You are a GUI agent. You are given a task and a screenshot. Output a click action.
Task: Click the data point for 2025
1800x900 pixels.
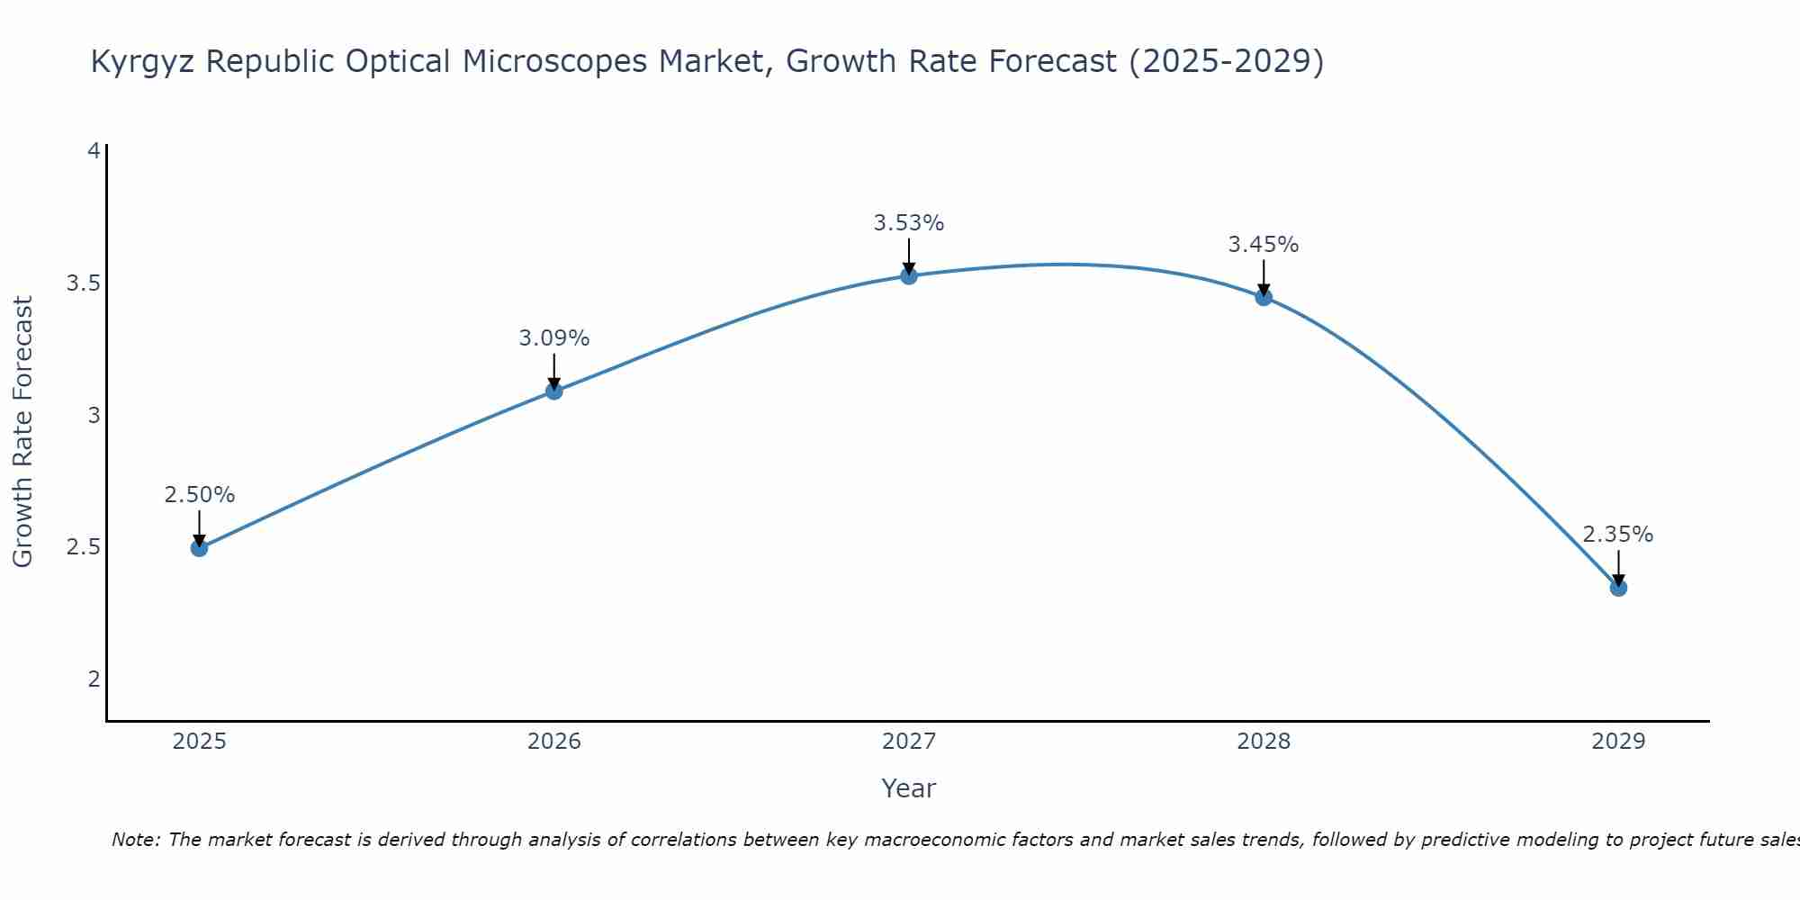click(x=199, y=547)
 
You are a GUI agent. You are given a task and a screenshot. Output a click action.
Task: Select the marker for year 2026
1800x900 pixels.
click(x=554, y=391)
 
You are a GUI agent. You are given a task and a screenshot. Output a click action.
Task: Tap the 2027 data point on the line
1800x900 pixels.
click(x=909, y=275)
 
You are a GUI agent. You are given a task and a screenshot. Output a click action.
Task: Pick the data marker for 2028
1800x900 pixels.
click(x=1264, y=297)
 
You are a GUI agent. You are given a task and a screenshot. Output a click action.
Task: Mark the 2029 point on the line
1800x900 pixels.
click(x=1618, y=588)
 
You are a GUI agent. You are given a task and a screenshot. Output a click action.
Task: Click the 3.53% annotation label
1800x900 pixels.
click(x=909, y=223)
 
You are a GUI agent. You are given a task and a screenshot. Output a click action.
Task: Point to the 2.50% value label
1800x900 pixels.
click(x=199, y=495)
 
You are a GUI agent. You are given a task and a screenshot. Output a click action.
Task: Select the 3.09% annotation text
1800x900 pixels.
click(x=554, y=338)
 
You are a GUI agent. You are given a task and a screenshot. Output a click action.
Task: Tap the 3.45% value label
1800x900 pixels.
click(x=1264, y=245)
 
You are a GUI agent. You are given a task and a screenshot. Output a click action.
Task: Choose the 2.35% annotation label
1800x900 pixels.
click(x=1618, y=535)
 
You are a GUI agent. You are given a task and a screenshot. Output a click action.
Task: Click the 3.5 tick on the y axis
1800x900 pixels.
click(x=83, y=283)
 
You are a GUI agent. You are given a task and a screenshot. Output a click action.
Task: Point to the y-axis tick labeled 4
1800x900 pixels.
click(x=93, y=151)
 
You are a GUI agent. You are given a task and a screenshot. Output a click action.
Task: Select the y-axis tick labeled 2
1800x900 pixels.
click(x=93, y=679)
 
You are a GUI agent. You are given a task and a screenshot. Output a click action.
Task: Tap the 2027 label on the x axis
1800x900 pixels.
click(x=909, y=742)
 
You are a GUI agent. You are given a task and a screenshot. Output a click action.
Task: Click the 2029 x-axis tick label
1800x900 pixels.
click(x=1618, y=742)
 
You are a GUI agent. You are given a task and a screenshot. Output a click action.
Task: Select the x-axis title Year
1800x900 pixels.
click(x=909, y=788)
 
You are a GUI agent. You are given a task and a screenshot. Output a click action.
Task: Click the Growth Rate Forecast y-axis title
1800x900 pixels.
click(x=23, y=432)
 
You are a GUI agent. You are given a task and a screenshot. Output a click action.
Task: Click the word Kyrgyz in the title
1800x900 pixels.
click(x=144, y=62)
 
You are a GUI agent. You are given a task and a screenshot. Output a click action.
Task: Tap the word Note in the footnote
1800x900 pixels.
click(x=135, y=840)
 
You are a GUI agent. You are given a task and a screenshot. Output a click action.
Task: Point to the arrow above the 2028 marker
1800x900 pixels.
click(x=1264, y=275)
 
